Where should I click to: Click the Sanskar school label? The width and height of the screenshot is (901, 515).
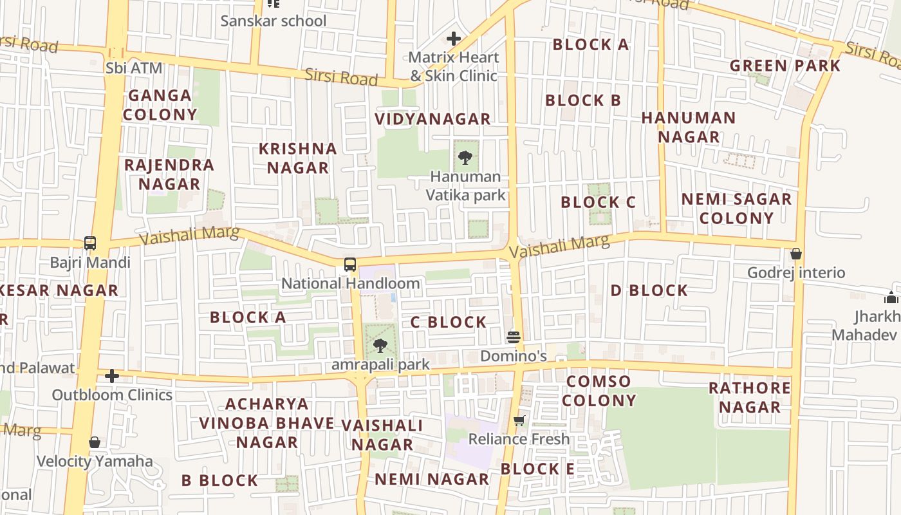[x=274, y=21]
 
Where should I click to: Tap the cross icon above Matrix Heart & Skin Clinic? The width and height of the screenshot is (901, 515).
[x=454, y=39]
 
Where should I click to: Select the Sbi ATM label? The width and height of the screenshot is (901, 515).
[x=134, y=68]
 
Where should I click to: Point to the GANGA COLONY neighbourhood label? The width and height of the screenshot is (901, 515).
[x=160, y=105]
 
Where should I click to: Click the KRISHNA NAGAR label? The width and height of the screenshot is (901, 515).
[x=298, y=158]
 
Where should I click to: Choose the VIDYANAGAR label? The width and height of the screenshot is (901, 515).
[x=432, y=119]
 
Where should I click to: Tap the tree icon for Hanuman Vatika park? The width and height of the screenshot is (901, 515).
[x=465, y=157]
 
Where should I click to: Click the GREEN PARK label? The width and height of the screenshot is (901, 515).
[x=785, y=66]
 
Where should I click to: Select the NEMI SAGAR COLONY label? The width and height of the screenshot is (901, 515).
[x=736, y=208]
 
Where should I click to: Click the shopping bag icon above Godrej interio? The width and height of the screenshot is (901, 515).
[x=796, y=254]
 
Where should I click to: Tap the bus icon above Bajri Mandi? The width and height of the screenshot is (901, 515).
[x=90, y=243]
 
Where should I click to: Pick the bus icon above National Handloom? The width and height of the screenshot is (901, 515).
[x=350, y=264]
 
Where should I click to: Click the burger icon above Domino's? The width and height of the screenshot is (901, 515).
[x=513, y=337]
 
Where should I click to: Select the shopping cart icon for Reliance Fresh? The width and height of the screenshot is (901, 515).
[x=519, y=420]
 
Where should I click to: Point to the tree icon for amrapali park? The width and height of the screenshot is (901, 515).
[x=380, y=346]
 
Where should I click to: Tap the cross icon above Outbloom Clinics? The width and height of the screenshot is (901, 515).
[x=112, y=376]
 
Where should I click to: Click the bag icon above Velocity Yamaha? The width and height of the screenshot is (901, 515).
[x=95, y=442]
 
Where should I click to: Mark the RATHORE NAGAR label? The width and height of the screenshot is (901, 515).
[x=749, y=397]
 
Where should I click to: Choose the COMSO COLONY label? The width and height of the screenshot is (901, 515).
[x=599, y=391]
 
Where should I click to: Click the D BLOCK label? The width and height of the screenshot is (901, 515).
[x=649, y=290]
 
